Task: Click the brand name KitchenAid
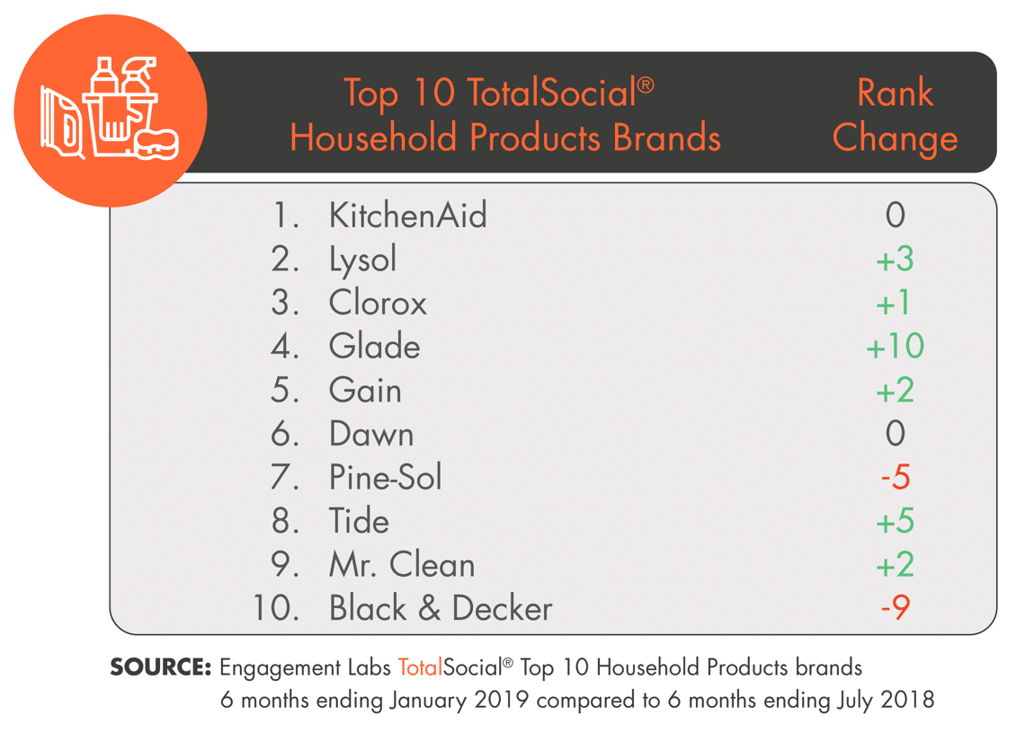pos(407,215)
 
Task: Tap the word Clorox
pos(378,303)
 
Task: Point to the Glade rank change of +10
pos(895,346)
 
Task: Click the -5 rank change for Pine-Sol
pos(896,476)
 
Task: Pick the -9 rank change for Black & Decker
pos(896,607)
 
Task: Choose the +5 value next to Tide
pos(895,521)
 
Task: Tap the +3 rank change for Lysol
pos(895,259)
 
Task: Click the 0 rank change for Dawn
pos(896,433)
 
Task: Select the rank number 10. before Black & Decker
pos(276,607)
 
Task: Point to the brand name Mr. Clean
pos(402,565)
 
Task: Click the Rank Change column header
pos(895,115)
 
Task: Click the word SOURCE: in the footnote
pos(160,666)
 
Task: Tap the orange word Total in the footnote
pos(420,666)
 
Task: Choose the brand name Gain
pos(365,390)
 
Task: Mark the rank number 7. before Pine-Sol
pos(284,477)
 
